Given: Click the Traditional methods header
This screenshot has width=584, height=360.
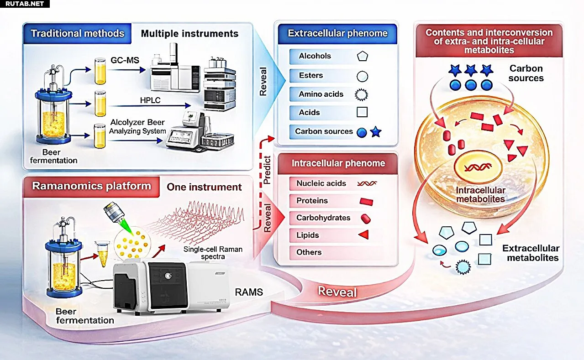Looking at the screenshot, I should coord(77,33).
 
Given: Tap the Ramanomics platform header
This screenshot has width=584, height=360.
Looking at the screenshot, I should coord(91,186).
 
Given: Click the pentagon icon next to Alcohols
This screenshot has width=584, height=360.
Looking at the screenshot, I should coord(362,57).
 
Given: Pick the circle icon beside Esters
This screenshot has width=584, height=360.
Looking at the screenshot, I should coord(362,76).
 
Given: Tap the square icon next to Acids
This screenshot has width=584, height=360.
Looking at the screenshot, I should coord(362,112).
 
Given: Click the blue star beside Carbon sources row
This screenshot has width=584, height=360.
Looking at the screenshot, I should coord(375,132).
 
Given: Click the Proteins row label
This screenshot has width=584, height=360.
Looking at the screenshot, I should coord(312,201).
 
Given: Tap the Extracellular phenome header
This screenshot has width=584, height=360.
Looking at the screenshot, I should coord(337,33).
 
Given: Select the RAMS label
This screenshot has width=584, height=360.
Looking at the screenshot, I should coord(248,292).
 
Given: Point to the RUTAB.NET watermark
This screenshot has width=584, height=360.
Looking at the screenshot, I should coord(25,4).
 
